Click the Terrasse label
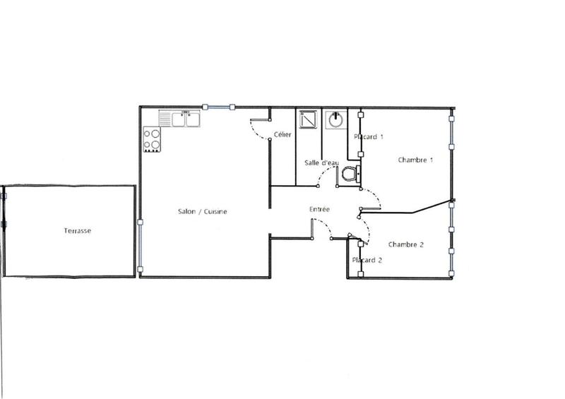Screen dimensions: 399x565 coord(77,231)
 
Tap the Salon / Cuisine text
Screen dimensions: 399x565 coord(201,212)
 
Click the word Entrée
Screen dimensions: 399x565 coord(319,209)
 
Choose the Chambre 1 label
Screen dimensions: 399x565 coord(415,160)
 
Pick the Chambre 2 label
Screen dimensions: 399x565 coord(406,245)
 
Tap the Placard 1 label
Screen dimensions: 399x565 coord(368,136)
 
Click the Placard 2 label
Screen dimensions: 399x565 coord(367,260)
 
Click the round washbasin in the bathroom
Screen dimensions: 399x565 coord(335,119)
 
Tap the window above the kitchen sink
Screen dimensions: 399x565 coord(218,107)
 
